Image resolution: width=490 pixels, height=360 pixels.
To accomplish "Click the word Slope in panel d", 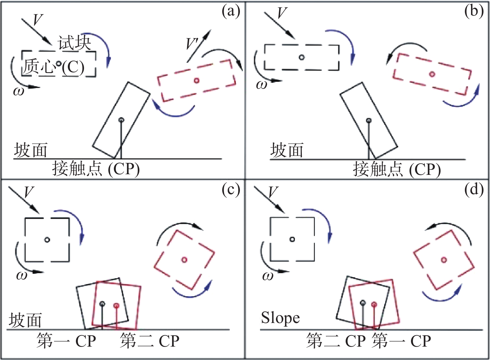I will pos(280,318).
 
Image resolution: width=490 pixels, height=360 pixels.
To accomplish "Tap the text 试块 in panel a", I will pos(74,43).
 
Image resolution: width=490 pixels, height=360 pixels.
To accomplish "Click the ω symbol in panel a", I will pos(18,91).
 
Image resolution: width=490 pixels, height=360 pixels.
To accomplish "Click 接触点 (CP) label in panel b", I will pos(397,170).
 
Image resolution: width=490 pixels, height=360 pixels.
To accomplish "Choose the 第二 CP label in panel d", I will pos(335,341).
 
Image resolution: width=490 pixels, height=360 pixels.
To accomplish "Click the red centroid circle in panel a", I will pos(196,81).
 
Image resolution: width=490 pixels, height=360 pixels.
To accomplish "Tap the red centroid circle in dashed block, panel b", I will pos(432,74).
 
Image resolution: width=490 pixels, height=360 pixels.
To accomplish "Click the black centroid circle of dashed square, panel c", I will pos(47,240).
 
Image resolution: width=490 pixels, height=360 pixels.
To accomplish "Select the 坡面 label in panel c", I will pos(25,320).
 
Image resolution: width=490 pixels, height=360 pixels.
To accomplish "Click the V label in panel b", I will pos(282,13).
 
